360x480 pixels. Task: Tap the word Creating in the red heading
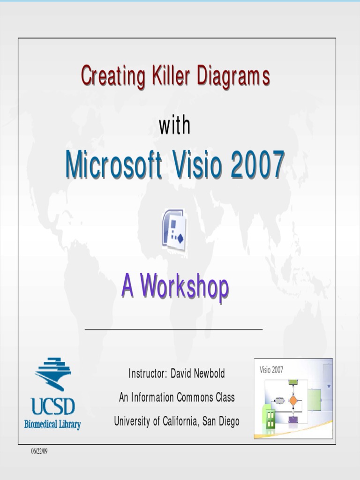112,75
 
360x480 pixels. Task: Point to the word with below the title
175,126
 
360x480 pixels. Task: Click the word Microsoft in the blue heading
114,165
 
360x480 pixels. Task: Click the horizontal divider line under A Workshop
173,330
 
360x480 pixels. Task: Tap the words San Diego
221,421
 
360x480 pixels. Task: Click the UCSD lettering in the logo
52,406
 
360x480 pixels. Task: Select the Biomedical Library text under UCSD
52,425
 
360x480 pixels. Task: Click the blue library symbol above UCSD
52,373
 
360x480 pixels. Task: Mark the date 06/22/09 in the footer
40,451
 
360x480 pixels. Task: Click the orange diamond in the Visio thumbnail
293,400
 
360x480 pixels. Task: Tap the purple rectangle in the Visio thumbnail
293,419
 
